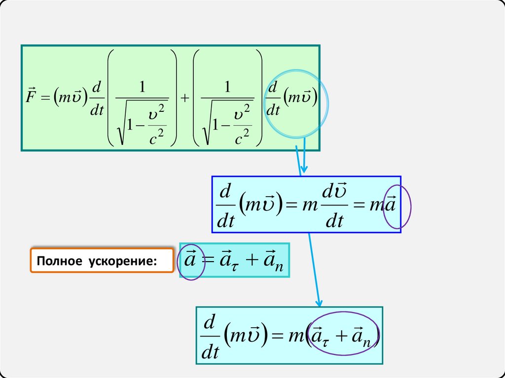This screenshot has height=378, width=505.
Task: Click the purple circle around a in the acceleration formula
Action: coord(190,263)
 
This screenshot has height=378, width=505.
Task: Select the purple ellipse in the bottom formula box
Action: coord(345,334)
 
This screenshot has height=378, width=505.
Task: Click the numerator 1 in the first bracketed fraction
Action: coord(143,87)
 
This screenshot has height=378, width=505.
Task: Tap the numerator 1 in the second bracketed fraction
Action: coord(227,87)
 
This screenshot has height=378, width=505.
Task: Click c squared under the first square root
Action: coord(156,138)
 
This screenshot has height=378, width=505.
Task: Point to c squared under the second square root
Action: coord(241,138)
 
